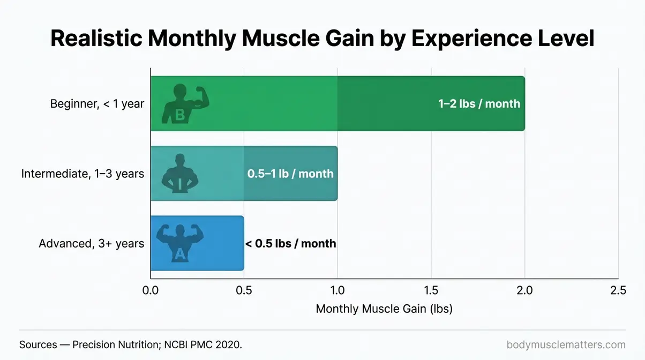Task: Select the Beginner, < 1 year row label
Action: (97, 103)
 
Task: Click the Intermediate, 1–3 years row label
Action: (82, 174)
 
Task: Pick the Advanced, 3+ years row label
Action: (91, 244)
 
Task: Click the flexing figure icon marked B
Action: (184, 103)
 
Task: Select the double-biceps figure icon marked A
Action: (179, 243)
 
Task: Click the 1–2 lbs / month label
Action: (479, 103)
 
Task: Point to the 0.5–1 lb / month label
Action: (290, 174)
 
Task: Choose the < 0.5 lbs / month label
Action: (290, 244)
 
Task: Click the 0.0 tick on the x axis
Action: (151, 290)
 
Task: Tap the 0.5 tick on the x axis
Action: (244, 290)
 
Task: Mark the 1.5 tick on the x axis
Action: (431, 290)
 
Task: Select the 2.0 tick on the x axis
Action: (524, 290)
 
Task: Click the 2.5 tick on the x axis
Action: (618, 290)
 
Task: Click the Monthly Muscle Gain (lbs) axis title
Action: (384, 309)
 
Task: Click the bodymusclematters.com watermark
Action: (566, 344)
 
